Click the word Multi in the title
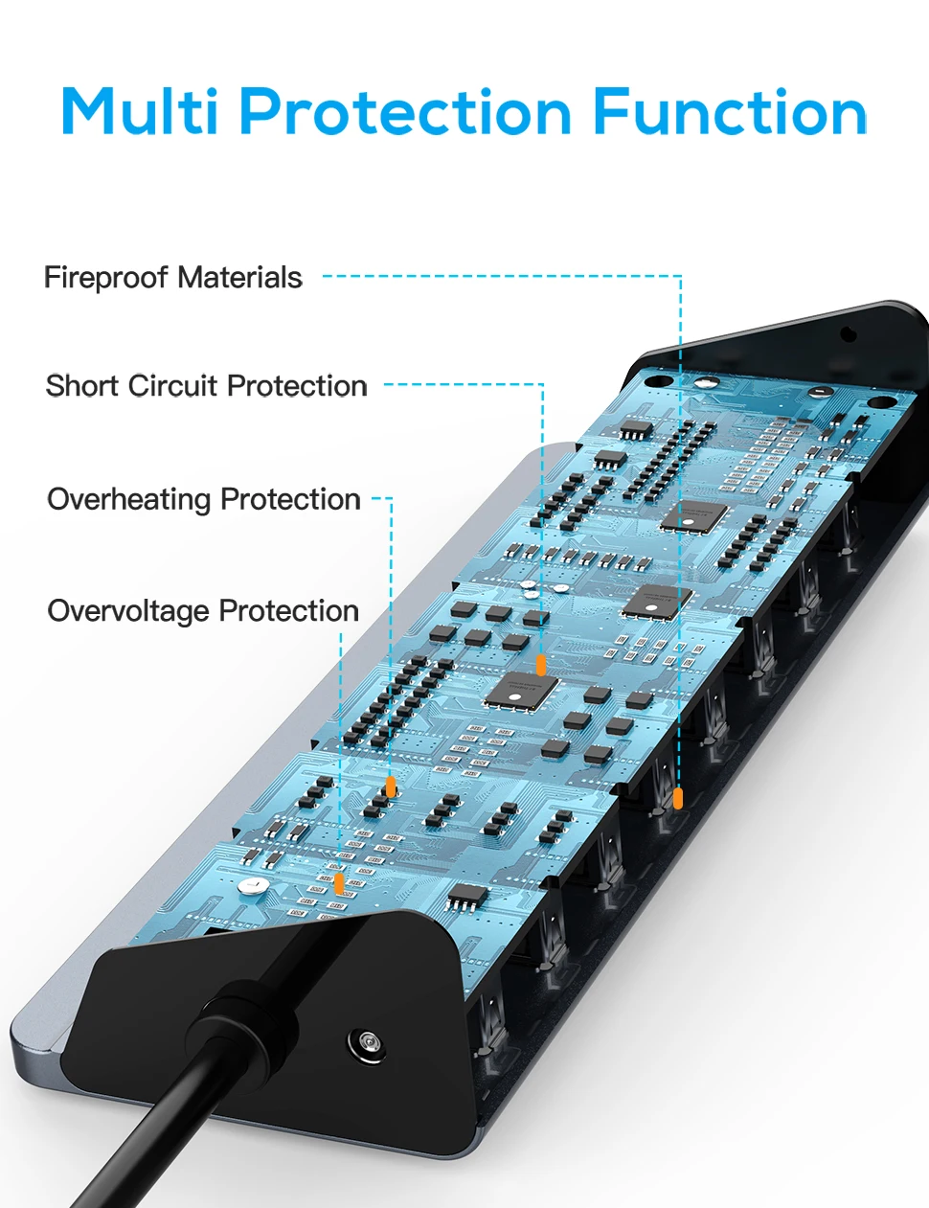pyautogui.click(x=140, y=112)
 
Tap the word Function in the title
pyautogui.click(x=730, y=112)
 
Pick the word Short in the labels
pyautogui.click(x=83, y=386)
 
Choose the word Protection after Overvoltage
pyautogui.click(x=288, y=611)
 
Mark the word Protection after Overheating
pyautogui.click(x=290, y=499)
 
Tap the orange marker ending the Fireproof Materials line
pyautogui.click(x=678, y=797)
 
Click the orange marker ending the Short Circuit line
pyautogui.click(x=541, y=665)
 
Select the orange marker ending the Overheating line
pyautogui.click(x=391, y=786)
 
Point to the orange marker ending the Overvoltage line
pyautogui.click(x=338, y=882)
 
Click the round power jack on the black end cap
pyautogui.click(x=365, y=1042)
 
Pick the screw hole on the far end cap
pyautogui.click(x=847, y=334)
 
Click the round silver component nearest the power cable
pyautogui.click(x=252, y=886)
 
